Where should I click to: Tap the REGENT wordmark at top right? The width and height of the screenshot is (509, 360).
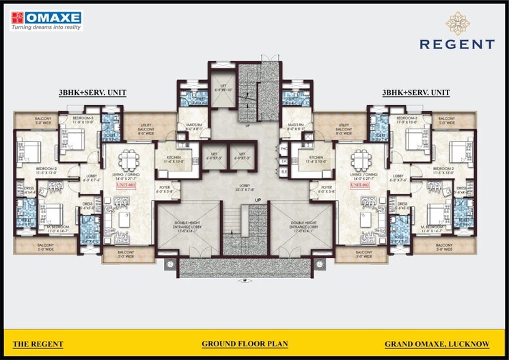457,44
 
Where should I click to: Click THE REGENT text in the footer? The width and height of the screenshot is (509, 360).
39,344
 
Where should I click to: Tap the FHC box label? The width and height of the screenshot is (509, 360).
284,148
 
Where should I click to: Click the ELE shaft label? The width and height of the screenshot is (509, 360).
284,173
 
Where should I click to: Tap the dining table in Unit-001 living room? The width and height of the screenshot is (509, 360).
126,163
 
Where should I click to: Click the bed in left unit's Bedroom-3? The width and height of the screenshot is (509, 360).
77,139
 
